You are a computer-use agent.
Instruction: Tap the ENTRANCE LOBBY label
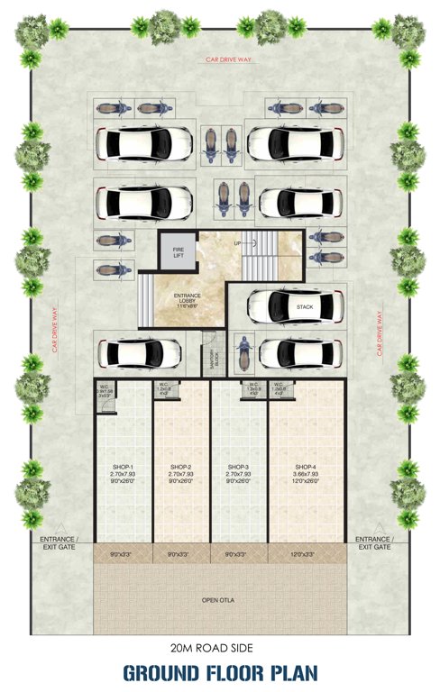188,298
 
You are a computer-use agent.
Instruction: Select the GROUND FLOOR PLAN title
219,672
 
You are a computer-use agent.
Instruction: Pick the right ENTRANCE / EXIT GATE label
374,542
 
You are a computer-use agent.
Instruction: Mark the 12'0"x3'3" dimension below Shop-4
306,553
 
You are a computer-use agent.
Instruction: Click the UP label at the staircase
237,244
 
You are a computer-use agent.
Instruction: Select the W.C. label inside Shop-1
105,388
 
